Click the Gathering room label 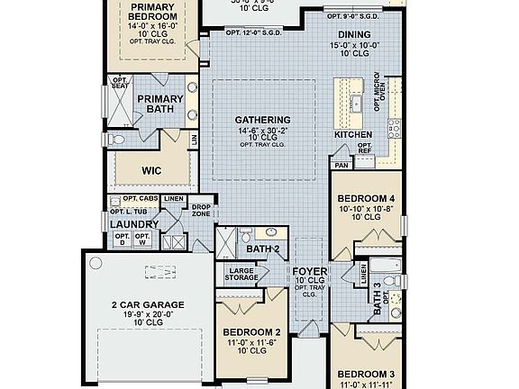point(262,120)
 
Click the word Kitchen point(353,134)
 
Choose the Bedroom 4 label point(365,198)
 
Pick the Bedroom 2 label point(252,332)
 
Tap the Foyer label point(309,270)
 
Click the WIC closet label point(151,169)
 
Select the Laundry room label point(133,224)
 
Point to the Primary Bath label point(159,104)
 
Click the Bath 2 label point(264,249)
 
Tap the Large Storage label point(241,275)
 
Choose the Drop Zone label point(201,210)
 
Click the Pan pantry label point(341,166)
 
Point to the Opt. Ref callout point(365,148)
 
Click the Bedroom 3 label point(366,373)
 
